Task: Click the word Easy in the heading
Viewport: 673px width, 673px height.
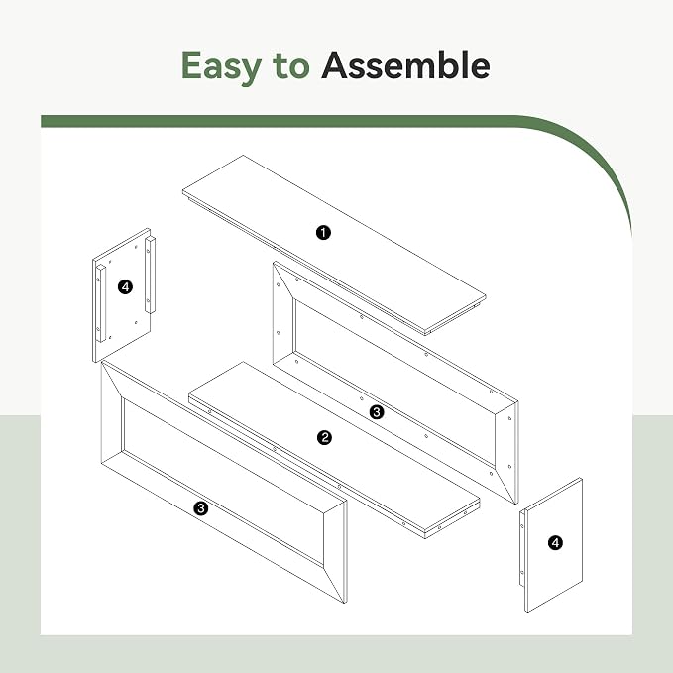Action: tap(221, 66)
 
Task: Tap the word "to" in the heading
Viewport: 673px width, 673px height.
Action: tap(291, 66)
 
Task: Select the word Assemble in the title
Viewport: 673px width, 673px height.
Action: tap(405, 64)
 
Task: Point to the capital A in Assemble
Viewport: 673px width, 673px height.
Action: tap(337, 65)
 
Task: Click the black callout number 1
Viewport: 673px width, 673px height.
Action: tap(323, 233)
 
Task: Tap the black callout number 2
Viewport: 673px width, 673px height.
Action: tap(324, 437)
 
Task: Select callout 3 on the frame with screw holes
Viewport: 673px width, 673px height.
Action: tap(377, 412)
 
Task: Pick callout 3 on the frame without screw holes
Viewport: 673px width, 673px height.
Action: tap(200, 508)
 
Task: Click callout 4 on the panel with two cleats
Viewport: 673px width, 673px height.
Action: tap(125, 286)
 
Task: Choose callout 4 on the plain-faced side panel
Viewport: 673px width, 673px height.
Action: tap(555, 542)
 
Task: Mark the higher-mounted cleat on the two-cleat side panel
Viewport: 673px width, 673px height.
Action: tap(151, 275)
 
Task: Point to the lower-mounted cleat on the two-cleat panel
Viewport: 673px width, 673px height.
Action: tap(101, 303)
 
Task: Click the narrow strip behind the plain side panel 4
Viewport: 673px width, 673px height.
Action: tap(522, 548)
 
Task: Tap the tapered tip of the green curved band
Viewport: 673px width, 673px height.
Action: tap(630, 232)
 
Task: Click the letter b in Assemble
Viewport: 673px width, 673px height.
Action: tap(452, 64)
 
